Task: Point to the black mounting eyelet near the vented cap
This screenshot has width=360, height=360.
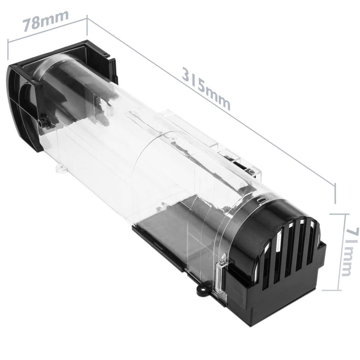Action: [203, 289]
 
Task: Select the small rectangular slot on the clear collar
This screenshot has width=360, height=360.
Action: [261, 199]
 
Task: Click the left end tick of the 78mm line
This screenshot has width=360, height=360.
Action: [8, 49]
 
